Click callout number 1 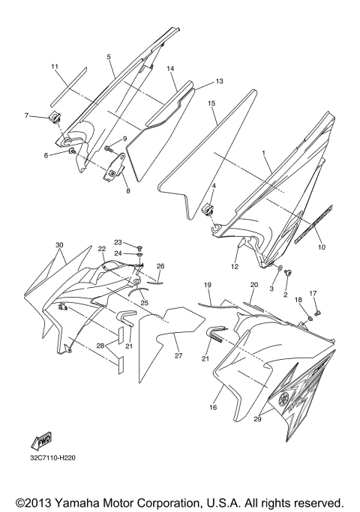263,153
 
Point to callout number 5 109,57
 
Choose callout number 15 212,102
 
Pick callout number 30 59,245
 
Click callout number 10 322,247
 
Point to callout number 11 54,67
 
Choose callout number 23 118,242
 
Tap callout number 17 313,293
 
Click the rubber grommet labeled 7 54,117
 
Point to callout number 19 208,286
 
